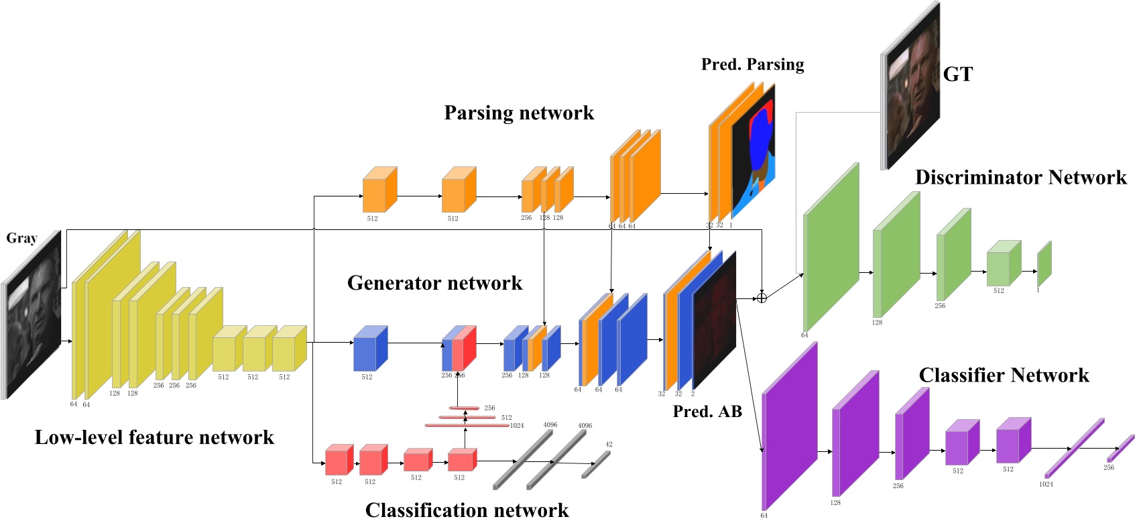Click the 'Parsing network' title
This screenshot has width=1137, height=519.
[x=519, y=113]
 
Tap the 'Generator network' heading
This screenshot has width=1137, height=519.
[x=434, y=283]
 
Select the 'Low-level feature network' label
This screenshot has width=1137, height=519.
[x=154, y=438]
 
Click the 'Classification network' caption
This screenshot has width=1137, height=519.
[x=467, y=510]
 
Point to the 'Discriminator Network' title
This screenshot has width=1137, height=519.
[x=1020, y=178]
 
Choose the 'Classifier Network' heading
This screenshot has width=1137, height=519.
[x=1004, y=376]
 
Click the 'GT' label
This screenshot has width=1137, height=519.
[x=957, y=74]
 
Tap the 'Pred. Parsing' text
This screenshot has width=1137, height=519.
[x=752, y=64]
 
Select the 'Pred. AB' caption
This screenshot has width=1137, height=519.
[x=707, y=412]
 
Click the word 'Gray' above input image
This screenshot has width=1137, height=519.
[x=21, y=238]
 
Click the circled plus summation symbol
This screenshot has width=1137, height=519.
[x=762, y=297]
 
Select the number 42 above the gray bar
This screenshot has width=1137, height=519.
[x=609, y=444]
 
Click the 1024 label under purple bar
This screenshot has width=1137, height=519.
[x=1046, y=484]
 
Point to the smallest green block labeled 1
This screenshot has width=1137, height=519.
[x=1044, y=265]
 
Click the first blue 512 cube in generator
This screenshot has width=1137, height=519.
[x=369, y=349]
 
